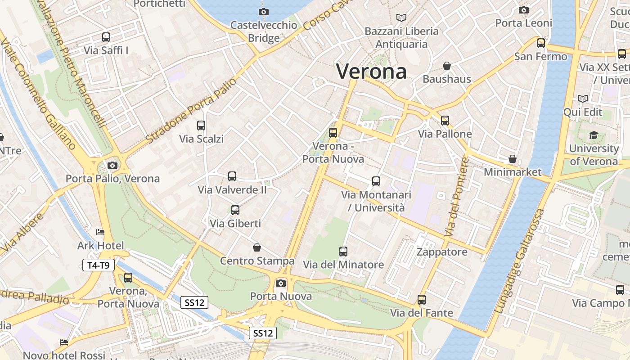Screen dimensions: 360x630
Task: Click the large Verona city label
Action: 371,72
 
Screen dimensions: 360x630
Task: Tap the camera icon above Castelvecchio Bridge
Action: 264,12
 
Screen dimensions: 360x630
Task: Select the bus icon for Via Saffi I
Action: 106,37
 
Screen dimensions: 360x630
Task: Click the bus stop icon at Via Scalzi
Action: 201,126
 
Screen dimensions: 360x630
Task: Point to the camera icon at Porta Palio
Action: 112,166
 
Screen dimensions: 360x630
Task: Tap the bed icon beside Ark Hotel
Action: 100,232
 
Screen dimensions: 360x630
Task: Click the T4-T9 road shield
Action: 99,265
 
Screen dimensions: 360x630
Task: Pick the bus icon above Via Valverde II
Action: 232,176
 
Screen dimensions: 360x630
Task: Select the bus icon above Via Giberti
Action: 235,210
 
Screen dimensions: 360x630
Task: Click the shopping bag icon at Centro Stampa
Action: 256,247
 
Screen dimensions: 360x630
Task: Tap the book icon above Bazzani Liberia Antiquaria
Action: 401,18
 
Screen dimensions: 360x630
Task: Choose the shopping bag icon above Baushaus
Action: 447,66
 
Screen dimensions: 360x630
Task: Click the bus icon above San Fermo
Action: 541,43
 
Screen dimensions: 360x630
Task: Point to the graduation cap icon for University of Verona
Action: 594,135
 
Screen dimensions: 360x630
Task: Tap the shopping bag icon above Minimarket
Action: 512,159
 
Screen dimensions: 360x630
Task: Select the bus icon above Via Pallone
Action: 445,120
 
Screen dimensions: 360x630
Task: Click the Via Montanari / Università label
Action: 376,201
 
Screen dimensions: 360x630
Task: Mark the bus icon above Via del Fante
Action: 422,299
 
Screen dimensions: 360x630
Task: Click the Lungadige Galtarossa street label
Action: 520,261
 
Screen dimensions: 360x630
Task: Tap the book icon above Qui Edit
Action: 583,99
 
